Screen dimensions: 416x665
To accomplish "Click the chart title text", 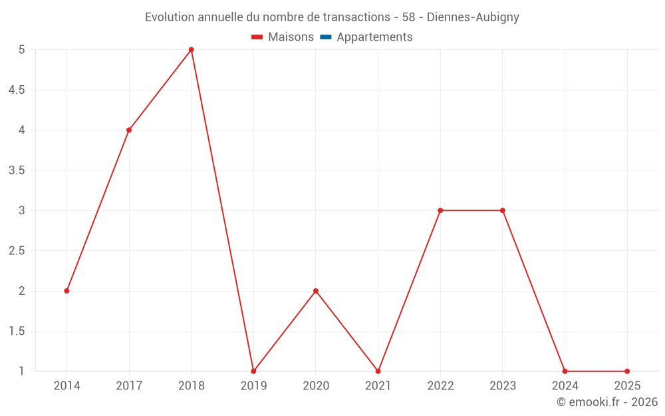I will coord(332,17).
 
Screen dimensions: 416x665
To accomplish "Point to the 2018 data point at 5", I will coord(192,50).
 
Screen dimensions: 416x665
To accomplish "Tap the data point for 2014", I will coord(66,291).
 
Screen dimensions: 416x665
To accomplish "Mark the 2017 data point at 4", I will coord(129,130).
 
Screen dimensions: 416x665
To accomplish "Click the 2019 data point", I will coord(253,371).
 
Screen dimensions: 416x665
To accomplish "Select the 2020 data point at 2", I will coord(316,291).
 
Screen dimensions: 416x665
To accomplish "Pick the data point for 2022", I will coord(440,210).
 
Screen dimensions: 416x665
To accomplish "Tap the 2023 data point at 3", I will coord(503,210).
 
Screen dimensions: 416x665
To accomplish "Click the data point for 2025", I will coord(627,371).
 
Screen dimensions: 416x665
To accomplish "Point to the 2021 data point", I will coord(378,371).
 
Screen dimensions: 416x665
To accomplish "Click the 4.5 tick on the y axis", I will coord(17,90).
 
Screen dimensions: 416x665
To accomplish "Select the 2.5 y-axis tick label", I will coord(17,251).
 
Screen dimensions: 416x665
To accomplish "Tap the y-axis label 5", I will coord(21,50).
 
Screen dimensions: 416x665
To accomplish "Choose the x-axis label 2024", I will coord(565,386).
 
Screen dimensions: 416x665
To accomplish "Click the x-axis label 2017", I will coord(129,386).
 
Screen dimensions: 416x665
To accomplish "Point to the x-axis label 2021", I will coord(378,386).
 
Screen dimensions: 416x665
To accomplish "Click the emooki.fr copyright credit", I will coord(607,402).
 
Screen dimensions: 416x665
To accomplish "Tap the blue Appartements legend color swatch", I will coord(326,37).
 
